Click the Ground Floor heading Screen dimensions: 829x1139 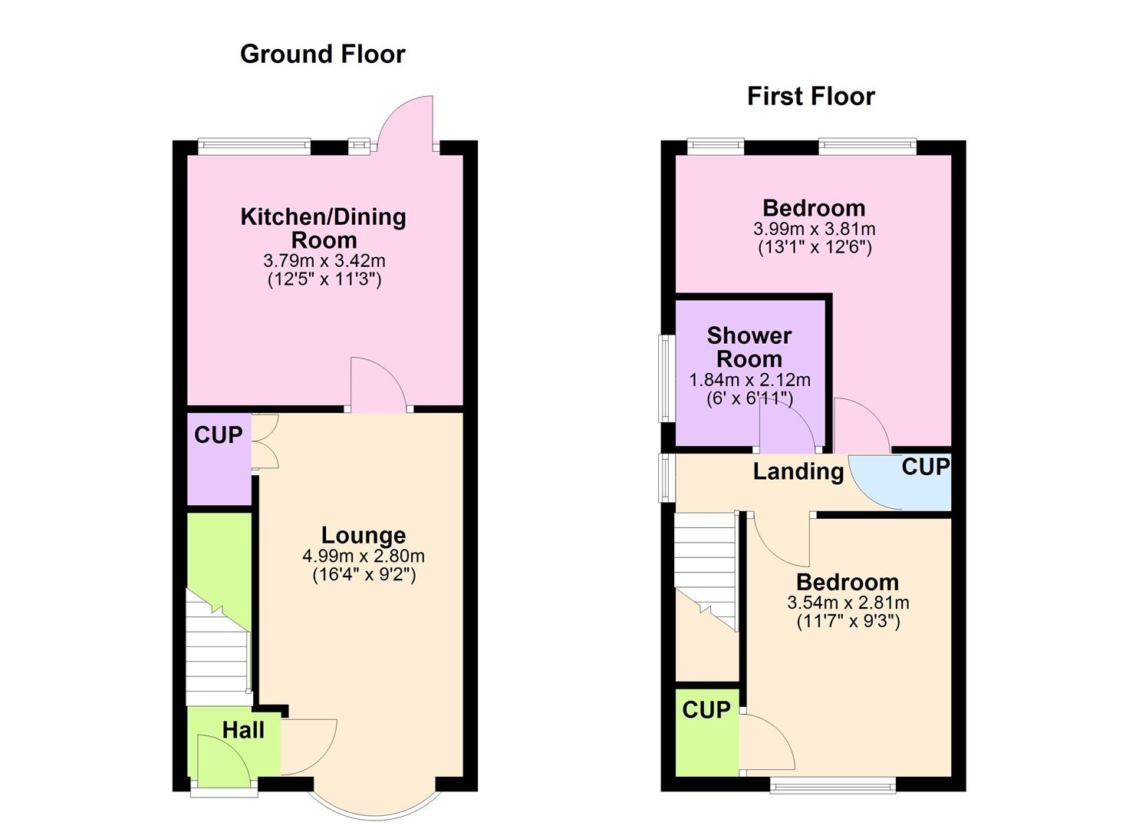tap(322, 54)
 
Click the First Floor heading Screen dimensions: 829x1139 tap(811, 96)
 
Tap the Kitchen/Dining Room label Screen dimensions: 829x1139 tap(324, 228)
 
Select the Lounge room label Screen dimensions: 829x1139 tap(364, 535)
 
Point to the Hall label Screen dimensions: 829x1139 tap(243, 730)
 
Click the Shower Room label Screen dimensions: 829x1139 tap(749, 347)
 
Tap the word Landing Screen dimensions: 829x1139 tap(798, 471)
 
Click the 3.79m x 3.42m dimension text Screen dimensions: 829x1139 tap(324, 261)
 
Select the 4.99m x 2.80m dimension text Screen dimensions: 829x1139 tap(364, 556)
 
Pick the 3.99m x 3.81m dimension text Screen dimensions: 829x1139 tap(815, 229)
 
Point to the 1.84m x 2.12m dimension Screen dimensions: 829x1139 tap(749, 379)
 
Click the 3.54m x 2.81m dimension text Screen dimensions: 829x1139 tap(848, 603)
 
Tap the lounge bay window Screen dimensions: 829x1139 tap(375, 803)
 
